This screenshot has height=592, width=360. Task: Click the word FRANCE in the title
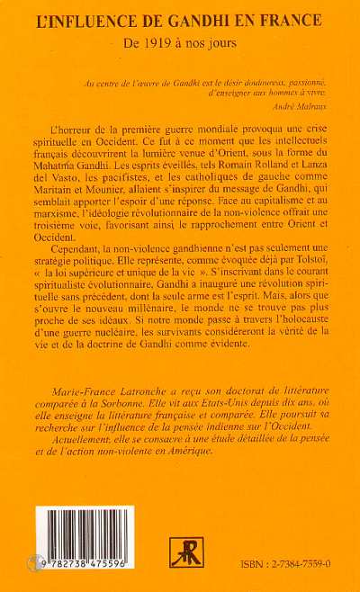click(x=294, y=16)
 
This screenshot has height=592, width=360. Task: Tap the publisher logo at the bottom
click(x=186, y=552)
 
